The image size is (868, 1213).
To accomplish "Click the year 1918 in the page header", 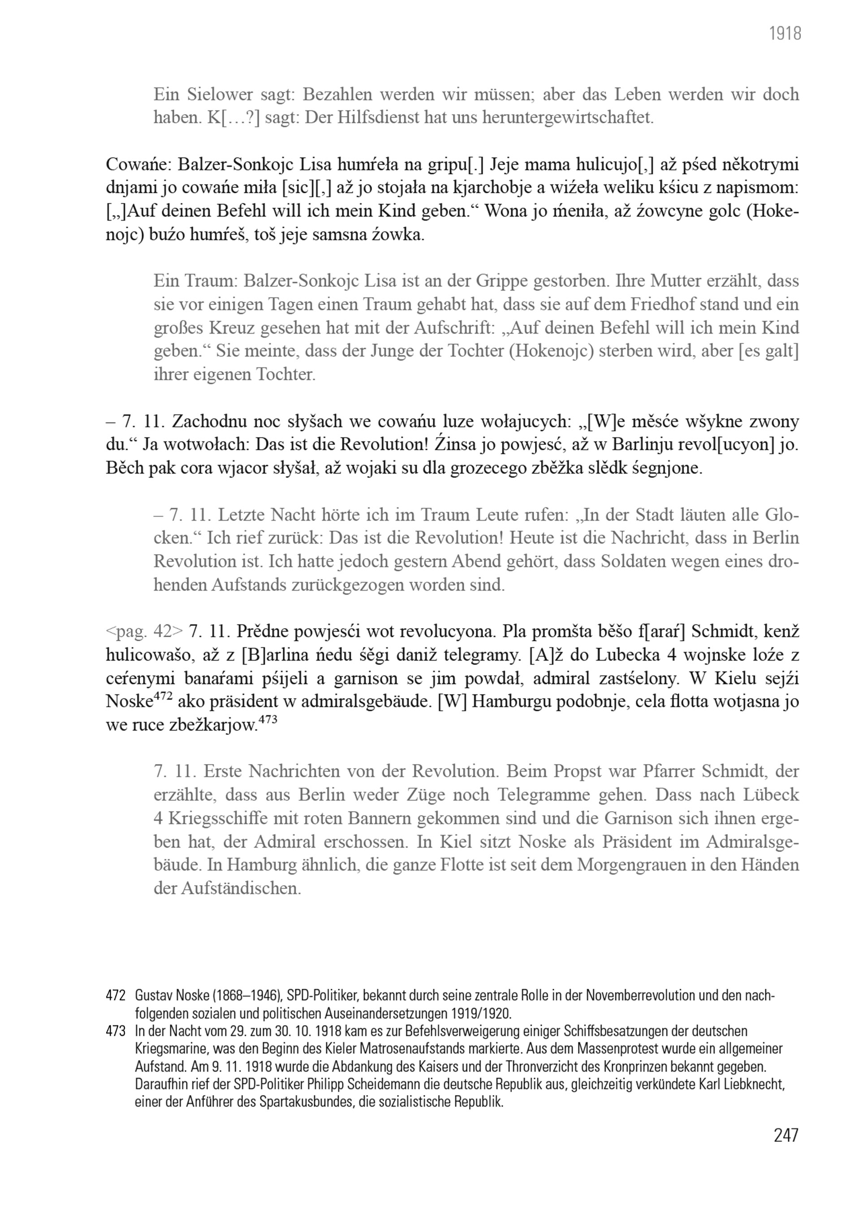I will point(785,34).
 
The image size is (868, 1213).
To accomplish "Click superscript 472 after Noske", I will point(163,697).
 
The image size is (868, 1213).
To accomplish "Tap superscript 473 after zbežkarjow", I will point(268,720).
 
